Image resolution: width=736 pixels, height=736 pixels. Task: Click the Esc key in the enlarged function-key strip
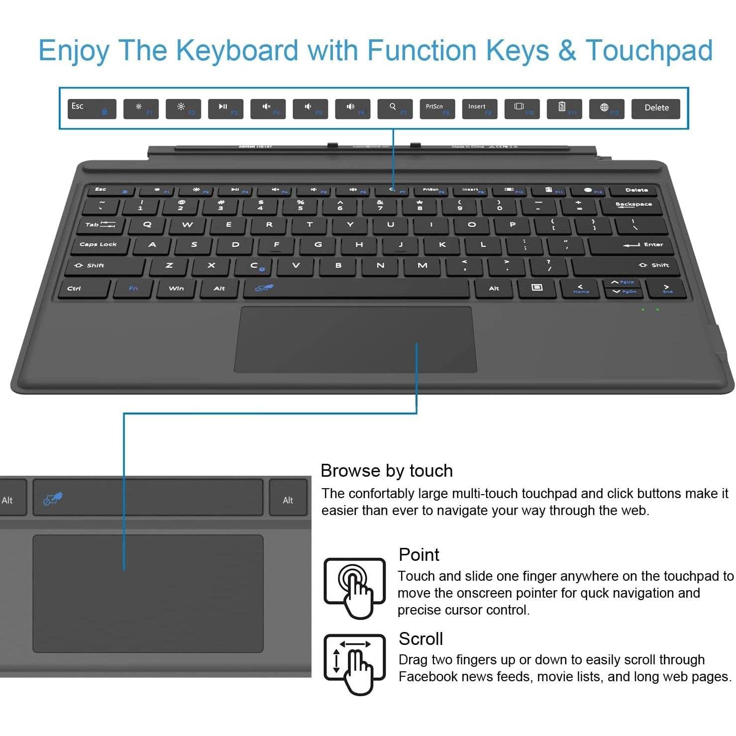click(92, 108)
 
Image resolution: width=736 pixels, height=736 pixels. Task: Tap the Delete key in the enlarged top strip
click(655, 108)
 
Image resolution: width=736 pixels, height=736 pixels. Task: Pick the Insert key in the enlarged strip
click(479, 108)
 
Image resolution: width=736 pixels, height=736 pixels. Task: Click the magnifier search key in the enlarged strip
click(395, 108)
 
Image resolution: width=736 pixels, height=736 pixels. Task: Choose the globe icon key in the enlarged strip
click(606, 108)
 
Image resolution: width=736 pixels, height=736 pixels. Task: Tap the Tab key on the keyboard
click(100, 225)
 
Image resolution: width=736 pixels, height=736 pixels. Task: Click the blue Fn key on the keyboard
click(133, 289)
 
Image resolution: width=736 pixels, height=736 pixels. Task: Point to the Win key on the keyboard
click(176, 289)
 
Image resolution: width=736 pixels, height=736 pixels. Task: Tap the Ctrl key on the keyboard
click(84, 289)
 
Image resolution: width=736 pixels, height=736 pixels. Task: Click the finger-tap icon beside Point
click(354, 587)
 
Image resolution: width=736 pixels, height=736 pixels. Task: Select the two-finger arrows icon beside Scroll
click(354, 663)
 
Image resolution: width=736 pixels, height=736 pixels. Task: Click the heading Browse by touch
click(387, 471)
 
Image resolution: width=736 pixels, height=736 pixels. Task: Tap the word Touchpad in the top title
click(649, 51)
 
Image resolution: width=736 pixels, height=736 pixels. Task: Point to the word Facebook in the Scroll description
click(430, 677)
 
